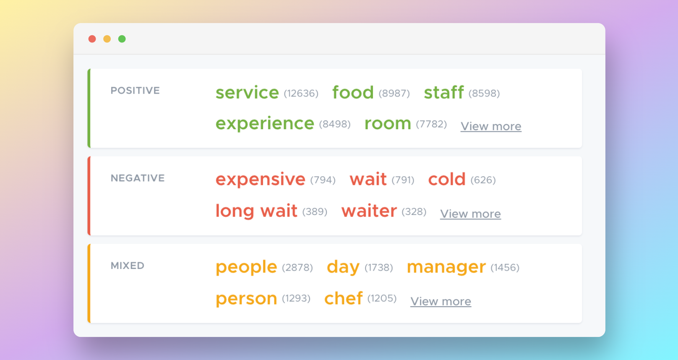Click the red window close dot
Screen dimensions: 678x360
[92, 39]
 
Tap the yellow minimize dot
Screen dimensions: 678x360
[107, 39]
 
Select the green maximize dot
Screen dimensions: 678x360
[122, 39]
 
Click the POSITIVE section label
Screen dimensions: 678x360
[135, 91]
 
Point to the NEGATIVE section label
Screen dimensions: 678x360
[138, 178]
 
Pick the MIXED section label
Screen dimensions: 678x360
[128, 266]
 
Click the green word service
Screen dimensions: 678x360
[247, 92]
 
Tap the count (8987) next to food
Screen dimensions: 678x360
[394, 93]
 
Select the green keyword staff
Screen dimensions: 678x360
[443, 92]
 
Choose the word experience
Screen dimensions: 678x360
[265, 123]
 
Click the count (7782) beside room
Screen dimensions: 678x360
[431, 124]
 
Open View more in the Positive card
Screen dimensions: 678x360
[491, 126]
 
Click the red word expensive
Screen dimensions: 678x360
[260, 179]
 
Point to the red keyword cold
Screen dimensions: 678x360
[447, 179]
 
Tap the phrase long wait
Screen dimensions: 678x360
[256, 211]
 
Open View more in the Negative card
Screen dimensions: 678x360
[470, 214]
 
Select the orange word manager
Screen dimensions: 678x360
[446, 267]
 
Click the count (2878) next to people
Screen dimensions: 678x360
[297, 268]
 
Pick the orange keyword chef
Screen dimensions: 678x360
[343, 298]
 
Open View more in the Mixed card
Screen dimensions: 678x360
[441, 301]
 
